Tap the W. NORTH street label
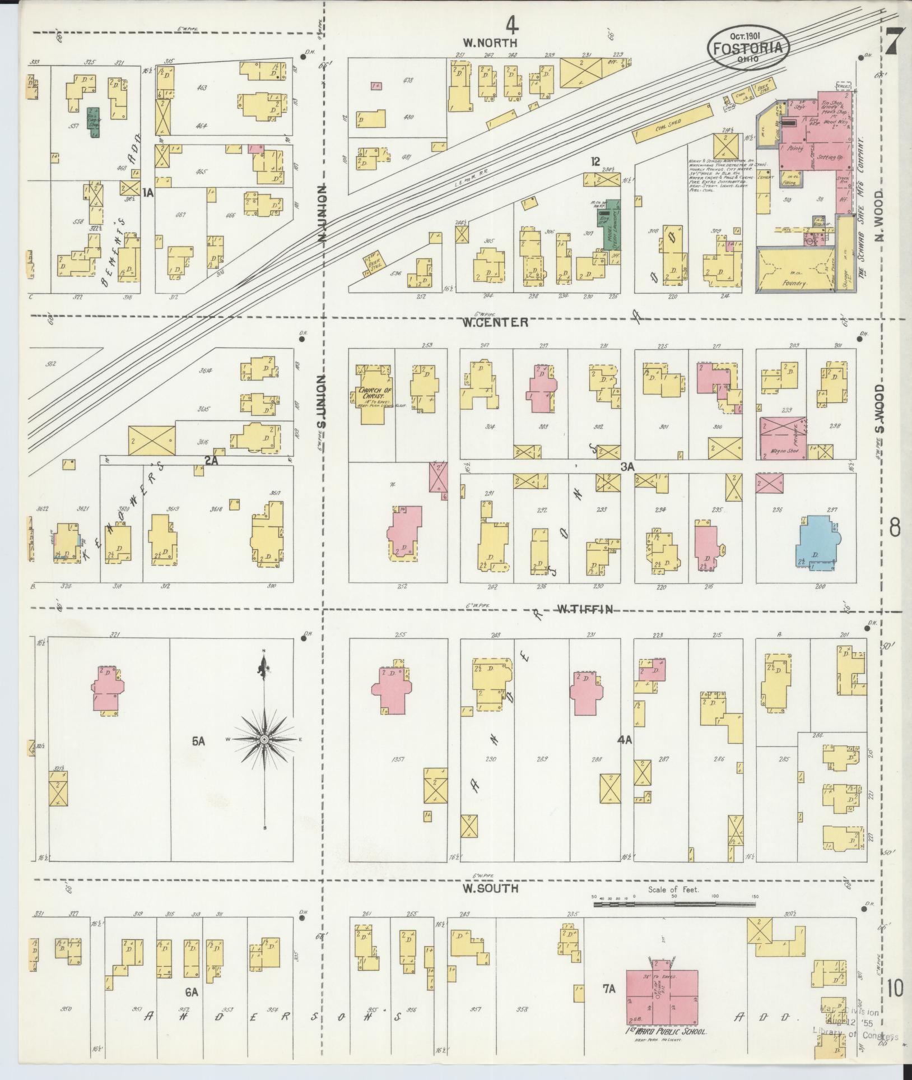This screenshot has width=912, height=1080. pos(490,42)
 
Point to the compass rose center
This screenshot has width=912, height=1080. pos(264,740)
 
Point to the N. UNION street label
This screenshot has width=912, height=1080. pos(322,215)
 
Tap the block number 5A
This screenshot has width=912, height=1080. pos(198,741)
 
